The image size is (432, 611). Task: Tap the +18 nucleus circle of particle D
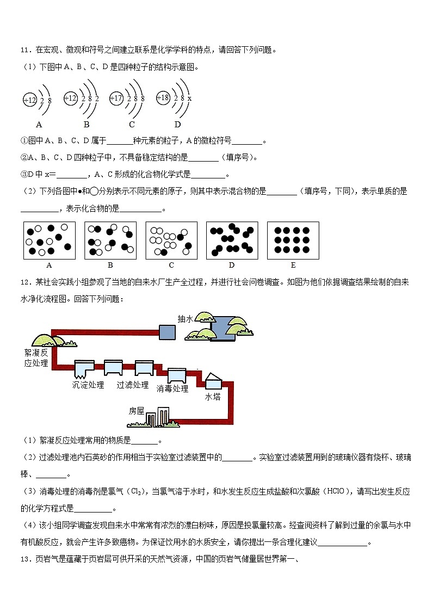pos(163,98)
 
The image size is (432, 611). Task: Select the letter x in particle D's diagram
pos(189,98)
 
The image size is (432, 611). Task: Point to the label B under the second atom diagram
pos(86,124)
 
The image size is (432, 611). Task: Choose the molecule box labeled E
pos(292,240)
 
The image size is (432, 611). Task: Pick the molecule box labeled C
pos(171,240)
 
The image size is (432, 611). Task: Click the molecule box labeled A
pos(49,240)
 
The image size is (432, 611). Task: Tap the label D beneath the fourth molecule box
pos(231,266)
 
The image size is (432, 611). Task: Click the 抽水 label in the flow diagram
pos(186,319)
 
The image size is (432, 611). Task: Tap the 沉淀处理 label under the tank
pos(88,385)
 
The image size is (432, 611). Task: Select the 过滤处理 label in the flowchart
pos(132,385)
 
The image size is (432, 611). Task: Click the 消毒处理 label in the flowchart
pos(172,388)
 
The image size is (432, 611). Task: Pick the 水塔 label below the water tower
pos(212,397)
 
